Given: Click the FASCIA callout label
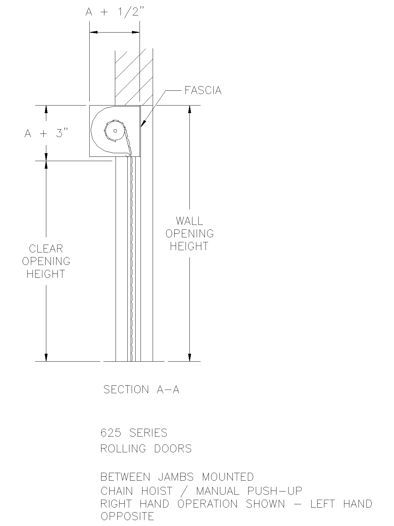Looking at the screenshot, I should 203,90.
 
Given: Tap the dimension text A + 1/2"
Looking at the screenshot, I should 115,12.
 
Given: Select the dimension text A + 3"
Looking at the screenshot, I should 46,133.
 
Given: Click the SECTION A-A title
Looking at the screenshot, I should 142,390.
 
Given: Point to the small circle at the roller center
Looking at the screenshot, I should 115,131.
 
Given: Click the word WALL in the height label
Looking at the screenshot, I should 189,221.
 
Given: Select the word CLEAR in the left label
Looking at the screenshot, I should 46,249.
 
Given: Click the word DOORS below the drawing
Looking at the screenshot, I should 173,449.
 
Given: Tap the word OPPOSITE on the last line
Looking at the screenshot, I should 127,516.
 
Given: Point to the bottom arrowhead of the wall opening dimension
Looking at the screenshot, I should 189,357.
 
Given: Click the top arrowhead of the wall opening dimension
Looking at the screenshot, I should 189,110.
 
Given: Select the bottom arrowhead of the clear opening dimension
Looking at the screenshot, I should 46,357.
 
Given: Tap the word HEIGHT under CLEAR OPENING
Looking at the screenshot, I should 46,274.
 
